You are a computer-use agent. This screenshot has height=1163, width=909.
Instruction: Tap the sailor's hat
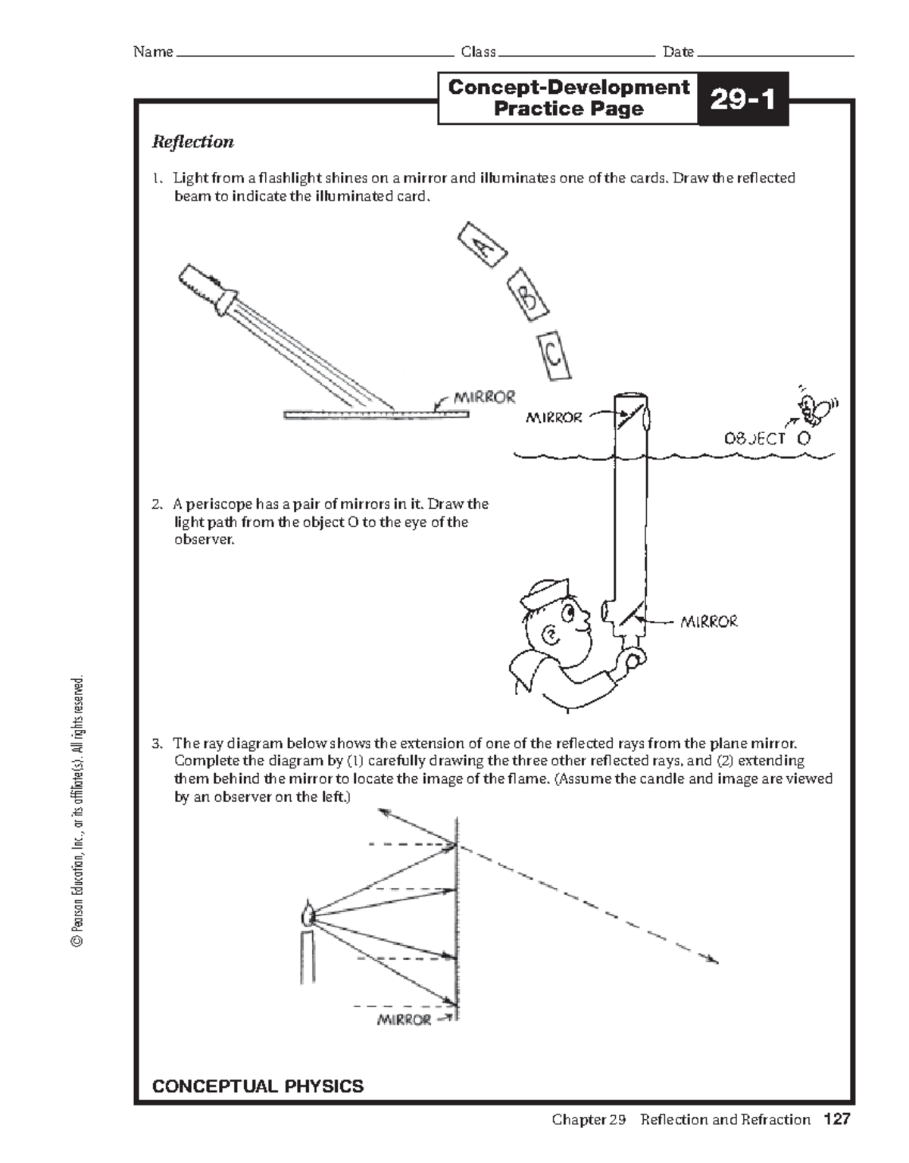pos(545,593)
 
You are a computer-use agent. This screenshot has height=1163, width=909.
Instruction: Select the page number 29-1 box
pos(742,99)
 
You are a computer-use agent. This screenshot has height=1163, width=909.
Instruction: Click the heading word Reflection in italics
pos(193,142)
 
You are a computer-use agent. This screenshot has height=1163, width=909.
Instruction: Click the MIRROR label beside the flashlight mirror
pos(484,397)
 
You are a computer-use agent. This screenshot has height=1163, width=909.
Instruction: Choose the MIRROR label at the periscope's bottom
pos(708,622)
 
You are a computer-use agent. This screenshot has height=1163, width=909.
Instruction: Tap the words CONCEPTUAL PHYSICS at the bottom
pos(258,1087)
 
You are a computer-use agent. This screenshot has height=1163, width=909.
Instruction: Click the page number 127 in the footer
pos(838,1119)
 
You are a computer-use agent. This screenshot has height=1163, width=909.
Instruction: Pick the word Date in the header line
pos(678,52)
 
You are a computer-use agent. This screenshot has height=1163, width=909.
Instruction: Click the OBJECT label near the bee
pos(754,438)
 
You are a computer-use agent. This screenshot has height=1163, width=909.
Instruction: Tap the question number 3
pos(156,743)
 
